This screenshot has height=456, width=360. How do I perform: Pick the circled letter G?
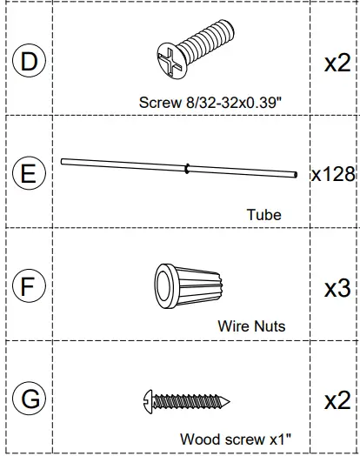tap(30, 400)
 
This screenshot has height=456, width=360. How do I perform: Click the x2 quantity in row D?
tap(337, 64)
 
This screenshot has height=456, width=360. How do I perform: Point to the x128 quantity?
tap(334, 174)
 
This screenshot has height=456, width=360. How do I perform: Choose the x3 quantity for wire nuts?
tap(337, 288)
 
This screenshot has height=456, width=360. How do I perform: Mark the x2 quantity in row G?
tap(337, 401)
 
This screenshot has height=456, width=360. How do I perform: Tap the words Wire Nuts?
tap(251, 327)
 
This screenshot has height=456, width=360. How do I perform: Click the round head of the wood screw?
tap(146, 399)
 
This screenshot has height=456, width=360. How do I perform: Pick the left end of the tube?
tap(63, 160)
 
